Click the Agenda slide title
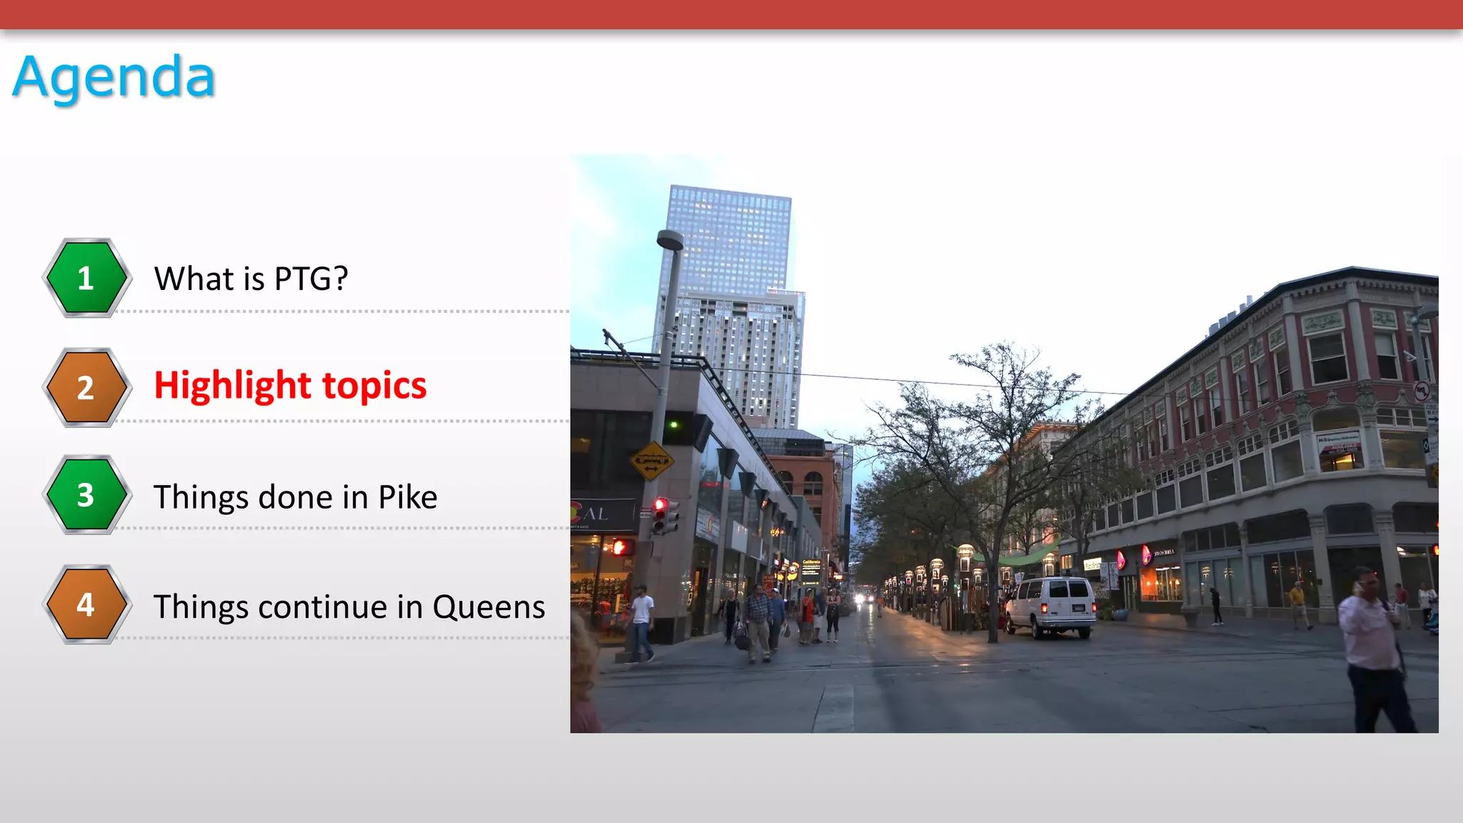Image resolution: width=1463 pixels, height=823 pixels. pos(114,77)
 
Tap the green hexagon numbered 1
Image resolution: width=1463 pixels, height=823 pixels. pos(86,278)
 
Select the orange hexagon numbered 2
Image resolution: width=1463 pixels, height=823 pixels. pos(86,387)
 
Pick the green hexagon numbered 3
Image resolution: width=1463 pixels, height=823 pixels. pos(86,494)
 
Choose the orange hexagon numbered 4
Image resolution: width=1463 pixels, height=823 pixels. pos(86,604)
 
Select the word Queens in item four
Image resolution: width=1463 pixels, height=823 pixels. pos(489,607)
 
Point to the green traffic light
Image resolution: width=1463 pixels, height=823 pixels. pos(673,425)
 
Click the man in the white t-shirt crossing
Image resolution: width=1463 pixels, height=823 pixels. pos(642,622)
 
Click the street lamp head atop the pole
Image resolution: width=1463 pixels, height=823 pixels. pos(670,239)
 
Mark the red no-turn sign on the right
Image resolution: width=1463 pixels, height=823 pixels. pos(1422,391)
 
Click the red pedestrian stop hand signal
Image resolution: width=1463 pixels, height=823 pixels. pos(621,548)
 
